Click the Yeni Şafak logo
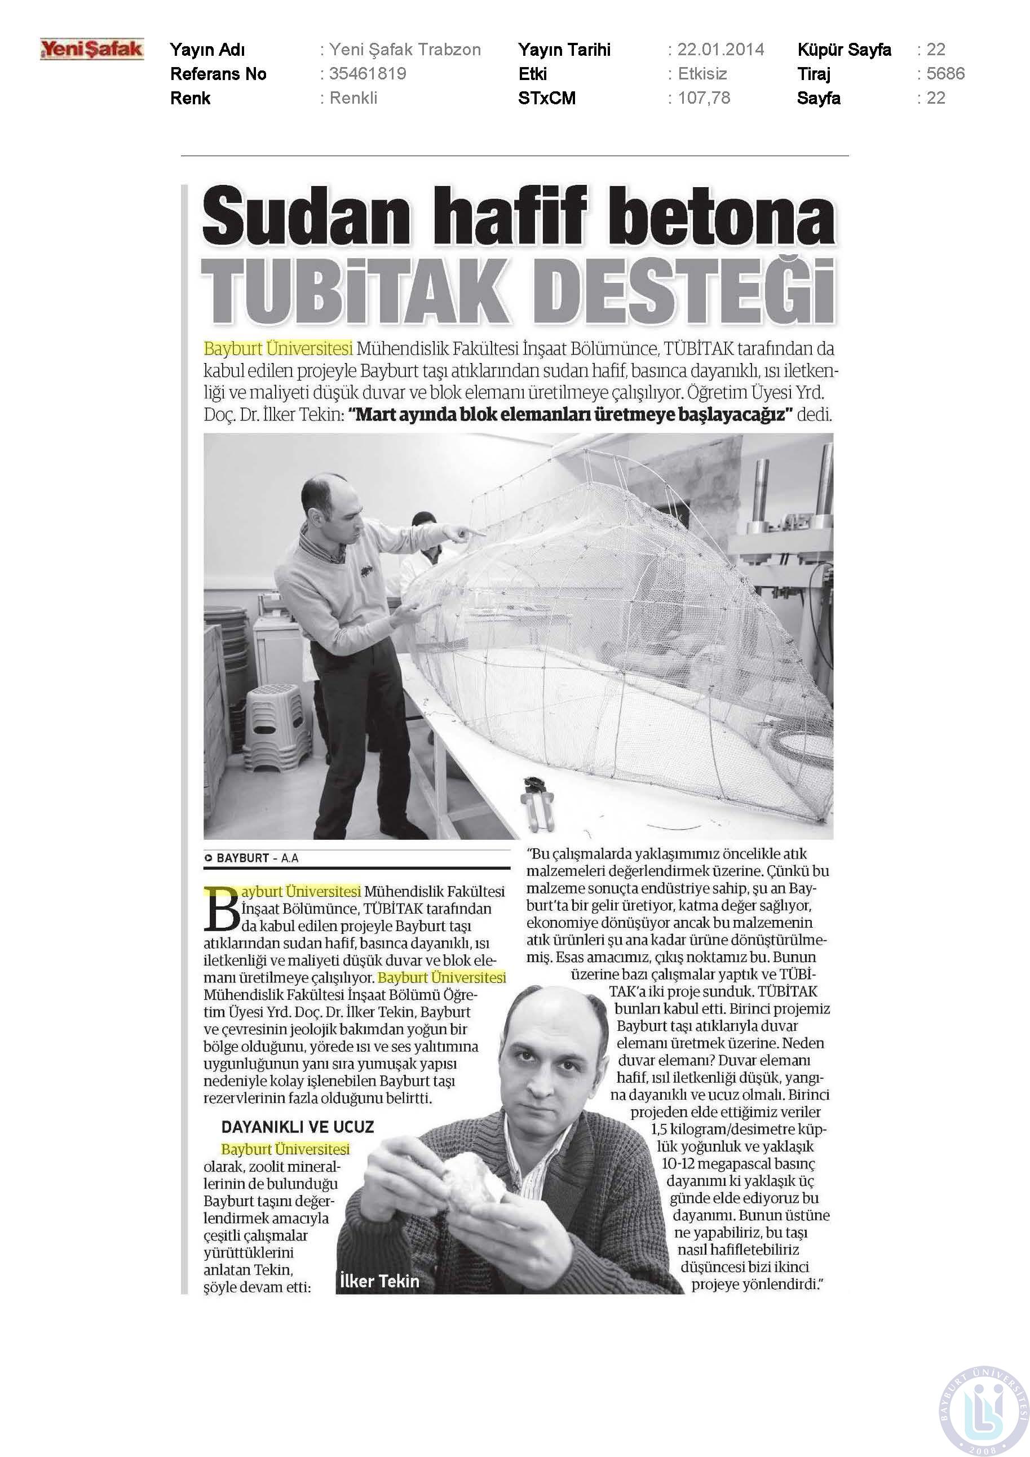tap(92, 50)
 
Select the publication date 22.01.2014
tap(720, 50)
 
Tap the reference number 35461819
tap(368, 74)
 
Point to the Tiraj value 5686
tap(945, 74)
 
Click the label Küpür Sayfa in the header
tap(844, 50)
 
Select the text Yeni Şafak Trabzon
tap(405, 50)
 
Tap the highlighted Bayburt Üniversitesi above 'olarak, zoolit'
tap(285, 1149)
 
